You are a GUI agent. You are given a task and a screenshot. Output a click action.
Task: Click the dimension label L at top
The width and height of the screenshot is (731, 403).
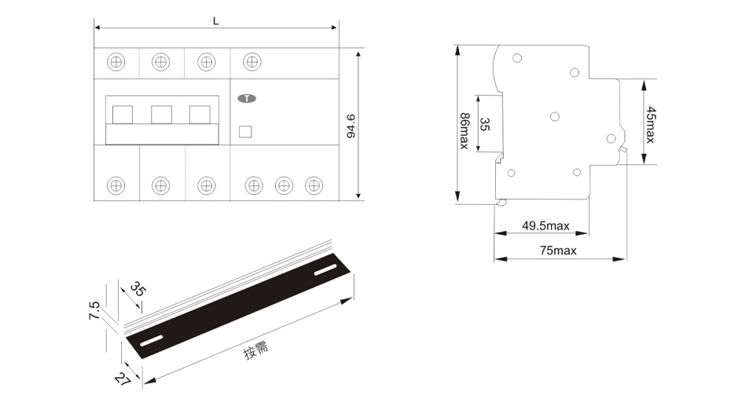click(216, 21)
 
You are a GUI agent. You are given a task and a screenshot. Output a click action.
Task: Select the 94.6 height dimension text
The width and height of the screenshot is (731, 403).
click(351, 126)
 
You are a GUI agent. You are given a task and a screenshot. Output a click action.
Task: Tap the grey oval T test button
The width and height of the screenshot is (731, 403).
click(247, 98)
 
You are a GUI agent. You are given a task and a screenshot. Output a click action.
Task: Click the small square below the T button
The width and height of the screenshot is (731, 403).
click(245, 132)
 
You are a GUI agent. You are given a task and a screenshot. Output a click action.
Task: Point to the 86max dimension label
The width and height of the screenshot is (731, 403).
click(465, 131)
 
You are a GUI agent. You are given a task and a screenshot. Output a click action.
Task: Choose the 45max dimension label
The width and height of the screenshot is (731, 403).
click(650, 125)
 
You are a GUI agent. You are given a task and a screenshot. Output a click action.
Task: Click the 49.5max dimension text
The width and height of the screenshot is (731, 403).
click(546, 226)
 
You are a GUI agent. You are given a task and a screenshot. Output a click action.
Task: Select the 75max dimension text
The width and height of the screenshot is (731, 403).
click(559, 251)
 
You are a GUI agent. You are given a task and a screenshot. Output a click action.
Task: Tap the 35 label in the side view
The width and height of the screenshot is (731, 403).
click(485, 124)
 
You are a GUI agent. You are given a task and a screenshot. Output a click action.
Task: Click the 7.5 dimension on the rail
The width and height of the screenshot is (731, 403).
click(94, 310)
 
